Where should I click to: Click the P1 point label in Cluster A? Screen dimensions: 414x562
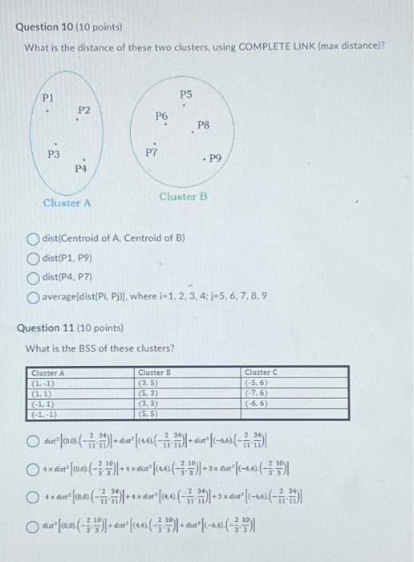(48, 98)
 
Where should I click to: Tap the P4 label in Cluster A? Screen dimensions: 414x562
(79, 169)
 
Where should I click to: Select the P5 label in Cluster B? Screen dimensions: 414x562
(186, 95)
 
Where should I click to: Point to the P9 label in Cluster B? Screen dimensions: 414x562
(213, 159)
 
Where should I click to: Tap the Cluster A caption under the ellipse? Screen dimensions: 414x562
(67, 203)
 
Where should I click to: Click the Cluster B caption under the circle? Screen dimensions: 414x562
(183, 197)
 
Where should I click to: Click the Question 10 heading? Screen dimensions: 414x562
(67, 26)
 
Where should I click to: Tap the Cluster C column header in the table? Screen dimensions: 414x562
(261, 373)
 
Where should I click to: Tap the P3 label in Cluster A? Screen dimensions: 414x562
(53, 153)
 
